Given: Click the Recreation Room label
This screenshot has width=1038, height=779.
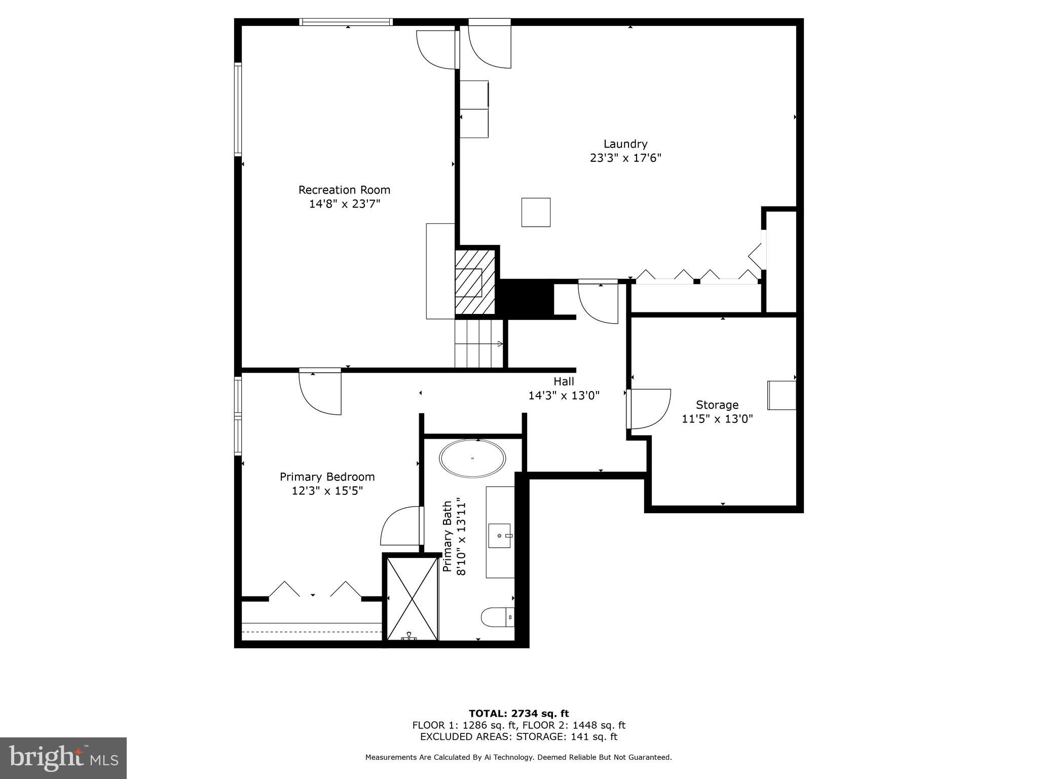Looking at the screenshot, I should pyautogui.click(x=344, y=190).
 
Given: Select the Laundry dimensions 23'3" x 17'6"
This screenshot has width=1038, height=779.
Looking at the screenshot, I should pyautogui.click(x=625, y=158).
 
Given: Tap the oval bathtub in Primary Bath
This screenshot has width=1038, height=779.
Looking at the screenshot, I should pyautogui.click(x=472, y=458).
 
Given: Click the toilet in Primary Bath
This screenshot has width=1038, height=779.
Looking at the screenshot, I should pyautogui.click(x=497, y=617).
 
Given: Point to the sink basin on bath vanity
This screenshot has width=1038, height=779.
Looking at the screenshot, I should pyautogui.click(x=499, y=536).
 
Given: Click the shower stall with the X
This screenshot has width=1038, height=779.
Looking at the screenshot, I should pyautogui.click(x=412, y=598).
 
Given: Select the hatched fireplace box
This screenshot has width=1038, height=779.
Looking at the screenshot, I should pyautogui.click(x=474, y=281).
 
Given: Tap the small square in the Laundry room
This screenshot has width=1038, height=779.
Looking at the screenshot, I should pyautogui.click(x=536, y=212).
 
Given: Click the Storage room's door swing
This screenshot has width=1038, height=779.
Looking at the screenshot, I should pyautogui.click(x=649, y=408).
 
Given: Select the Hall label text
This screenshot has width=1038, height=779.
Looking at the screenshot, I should pyautogui.click(x=564, y=381).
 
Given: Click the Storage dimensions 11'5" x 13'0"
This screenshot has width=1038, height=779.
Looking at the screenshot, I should pyautogui.click(x=717, y=419).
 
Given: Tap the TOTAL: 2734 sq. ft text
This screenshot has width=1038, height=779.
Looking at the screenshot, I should pyautogui.click(x=518, y=714).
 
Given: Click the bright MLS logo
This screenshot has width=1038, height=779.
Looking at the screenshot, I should pyautogui.click(x=63, y=758).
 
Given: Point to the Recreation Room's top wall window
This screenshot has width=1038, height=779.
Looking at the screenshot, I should pyautogui.click(x=346, y=22).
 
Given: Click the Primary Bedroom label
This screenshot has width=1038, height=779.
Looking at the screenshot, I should pyautogui.click(x=327, y=477).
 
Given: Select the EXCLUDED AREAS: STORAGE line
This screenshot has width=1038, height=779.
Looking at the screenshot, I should pyautogui.click(x=518, y=737).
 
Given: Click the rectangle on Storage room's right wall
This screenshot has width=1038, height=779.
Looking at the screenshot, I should pyautogui.click(x=782, y=395).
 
